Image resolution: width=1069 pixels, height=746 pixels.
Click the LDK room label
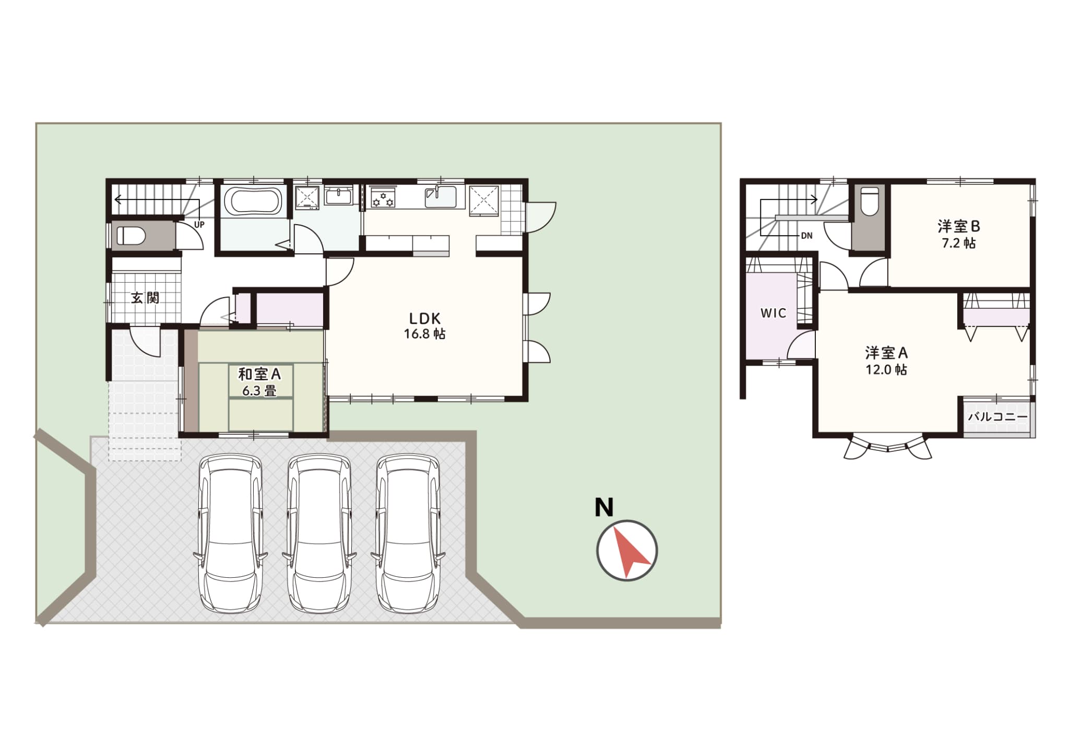pos(424,318)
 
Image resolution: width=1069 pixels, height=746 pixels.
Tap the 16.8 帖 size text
pos(424,334)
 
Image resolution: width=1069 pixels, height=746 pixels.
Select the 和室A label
pos(259,374)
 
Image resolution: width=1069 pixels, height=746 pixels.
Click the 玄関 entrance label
pos(145,298)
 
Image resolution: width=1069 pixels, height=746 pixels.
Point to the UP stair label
pos(199,225)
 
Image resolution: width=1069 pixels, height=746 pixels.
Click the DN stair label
pos(806,236)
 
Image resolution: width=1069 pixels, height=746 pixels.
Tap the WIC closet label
pos(773,313)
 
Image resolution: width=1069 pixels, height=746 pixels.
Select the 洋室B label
pos(959,227)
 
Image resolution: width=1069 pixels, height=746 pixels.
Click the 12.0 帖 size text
pos(886,370)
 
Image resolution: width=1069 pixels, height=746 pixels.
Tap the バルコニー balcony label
pos(997,417)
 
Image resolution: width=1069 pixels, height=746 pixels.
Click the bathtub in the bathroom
pos(253,201)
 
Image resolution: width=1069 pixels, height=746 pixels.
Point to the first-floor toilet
pos(129,235)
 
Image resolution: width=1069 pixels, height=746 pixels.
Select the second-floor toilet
pos(870,202)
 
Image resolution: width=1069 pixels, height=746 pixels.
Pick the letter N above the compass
pos(604,507)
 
